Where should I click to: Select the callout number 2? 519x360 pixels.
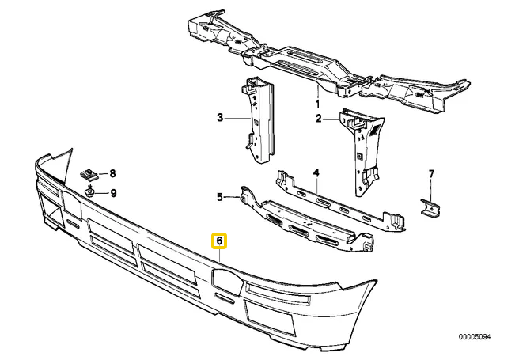(320, 119)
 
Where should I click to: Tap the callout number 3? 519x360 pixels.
(221, 119)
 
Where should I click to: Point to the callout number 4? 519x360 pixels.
(316, 172)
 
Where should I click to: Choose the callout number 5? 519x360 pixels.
(221, 196)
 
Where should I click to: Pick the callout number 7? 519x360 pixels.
(431, 173)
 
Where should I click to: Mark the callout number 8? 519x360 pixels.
(112, 173)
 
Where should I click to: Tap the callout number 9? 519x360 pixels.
(112, 192)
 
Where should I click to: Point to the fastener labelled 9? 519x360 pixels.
(91, 191)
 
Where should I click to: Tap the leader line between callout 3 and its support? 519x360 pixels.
(237, 119)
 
